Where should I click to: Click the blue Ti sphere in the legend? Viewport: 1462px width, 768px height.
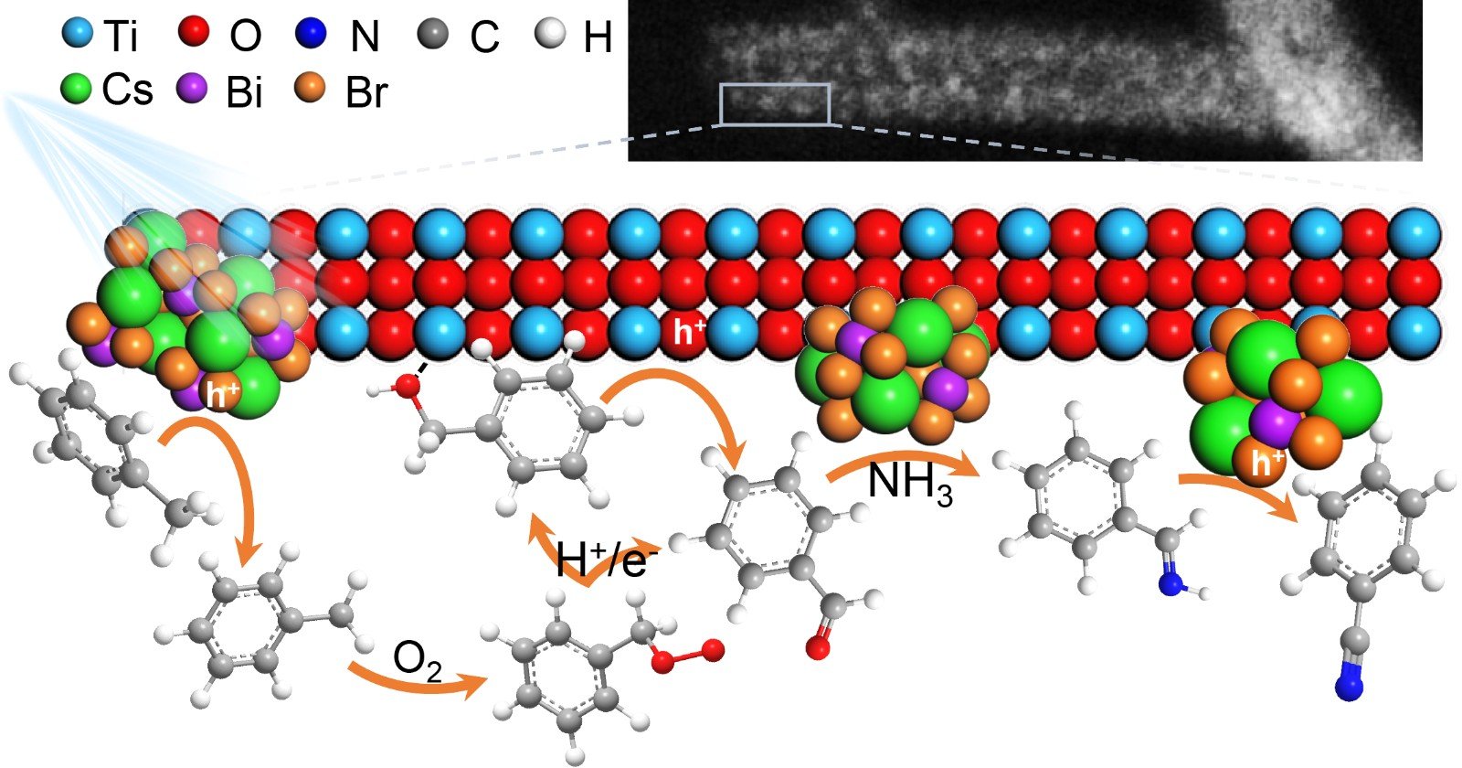click(79, 32)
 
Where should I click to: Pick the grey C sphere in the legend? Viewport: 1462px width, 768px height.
click(432, 32)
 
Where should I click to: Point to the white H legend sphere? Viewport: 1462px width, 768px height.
click(550, 32)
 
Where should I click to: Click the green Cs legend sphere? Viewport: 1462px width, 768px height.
click(77, 88)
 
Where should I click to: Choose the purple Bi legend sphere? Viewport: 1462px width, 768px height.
click(192, 88)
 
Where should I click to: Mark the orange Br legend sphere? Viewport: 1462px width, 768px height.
click(310, 87)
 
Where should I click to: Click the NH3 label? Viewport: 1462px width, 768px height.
click(910, 485)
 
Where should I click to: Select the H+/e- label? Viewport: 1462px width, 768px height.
click(602, 560)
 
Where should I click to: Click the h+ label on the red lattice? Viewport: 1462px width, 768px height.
click(689, 332)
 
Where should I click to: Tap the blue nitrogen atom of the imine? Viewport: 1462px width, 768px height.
click(1171, 583)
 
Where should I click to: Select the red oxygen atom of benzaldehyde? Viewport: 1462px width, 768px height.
click(818, 648)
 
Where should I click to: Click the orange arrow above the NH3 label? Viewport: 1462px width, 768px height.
click(904, 459)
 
